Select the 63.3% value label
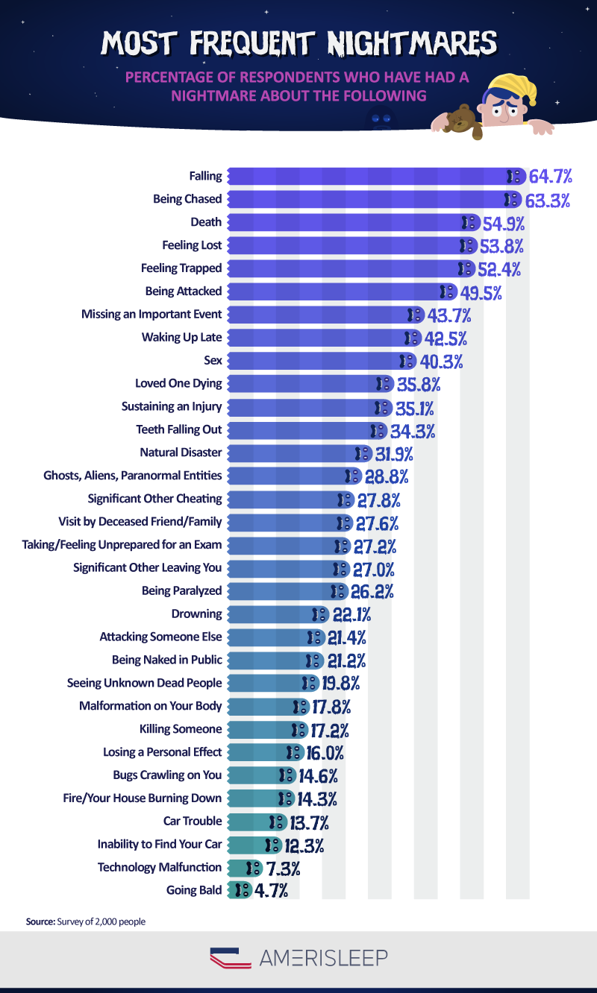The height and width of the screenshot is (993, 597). (549, 200)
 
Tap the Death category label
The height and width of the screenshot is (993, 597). (206, 221)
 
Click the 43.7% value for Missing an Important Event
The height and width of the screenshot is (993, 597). (448, 315)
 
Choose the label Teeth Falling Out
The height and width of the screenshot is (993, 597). (179, 429)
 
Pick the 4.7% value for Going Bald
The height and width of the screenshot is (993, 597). (272, 890)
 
